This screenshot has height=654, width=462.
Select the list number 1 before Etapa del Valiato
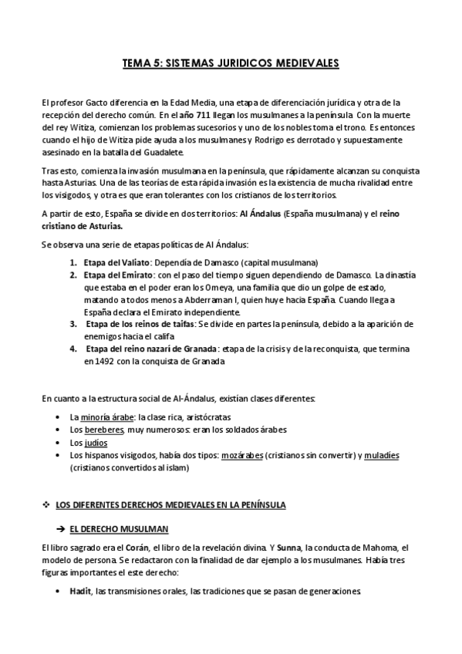pos(73,262)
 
